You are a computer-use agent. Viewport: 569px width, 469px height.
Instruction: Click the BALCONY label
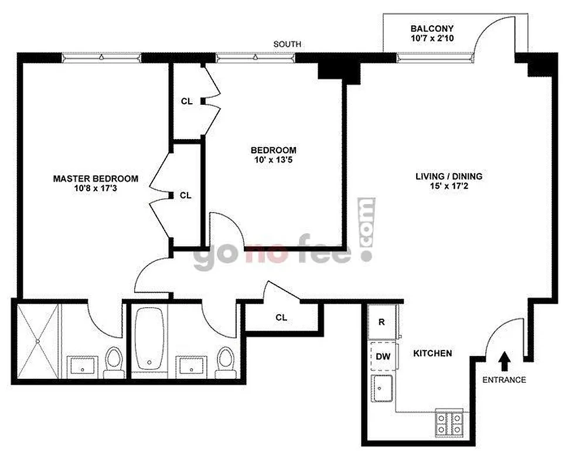pos(432,29)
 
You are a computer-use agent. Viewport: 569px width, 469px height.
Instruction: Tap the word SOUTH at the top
pos(287,44)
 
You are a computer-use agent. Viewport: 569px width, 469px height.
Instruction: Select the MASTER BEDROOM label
pos(96,179)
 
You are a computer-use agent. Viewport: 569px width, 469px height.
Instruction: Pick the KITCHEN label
pos(432,354)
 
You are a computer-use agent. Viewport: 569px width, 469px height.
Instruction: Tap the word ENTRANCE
pos(504,380)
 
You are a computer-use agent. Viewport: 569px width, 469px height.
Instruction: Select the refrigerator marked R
pos(381,322)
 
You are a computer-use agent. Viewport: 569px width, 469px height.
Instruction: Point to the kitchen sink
pos(383,389)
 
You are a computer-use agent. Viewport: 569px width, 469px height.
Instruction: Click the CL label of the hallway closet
pos(281,318)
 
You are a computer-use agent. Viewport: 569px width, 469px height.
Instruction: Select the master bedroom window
pos(101,57)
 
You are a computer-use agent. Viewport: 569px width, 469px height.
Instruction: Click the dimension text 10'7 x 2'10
pos(432,39)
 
